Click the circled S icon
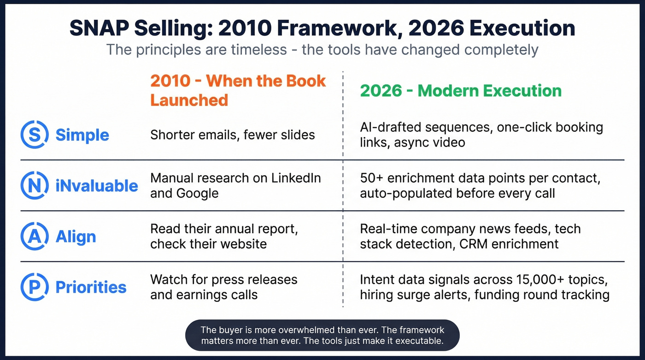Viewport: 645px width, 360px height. [35, 135]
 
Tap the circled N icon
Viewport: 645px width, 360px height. [35, 185]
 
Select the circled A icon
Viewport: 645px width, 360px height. [35, 236]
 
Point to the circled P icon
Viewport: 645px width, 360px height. [35, 287]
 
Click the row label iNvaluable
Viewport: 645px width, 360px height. [97, 186]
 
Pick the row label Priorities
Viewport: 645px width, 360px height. [91, 287]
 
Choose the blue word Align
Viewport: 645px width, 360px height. [76, 236]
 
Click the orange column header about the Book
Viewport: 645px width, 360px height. [237, 90]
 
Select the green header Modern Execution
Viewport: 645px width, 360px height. [460, 90]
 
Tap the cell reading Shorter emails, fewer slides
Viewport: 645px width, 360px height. [232, 135]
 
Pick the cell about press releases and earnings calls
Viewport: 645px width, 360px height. [223, 287]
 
